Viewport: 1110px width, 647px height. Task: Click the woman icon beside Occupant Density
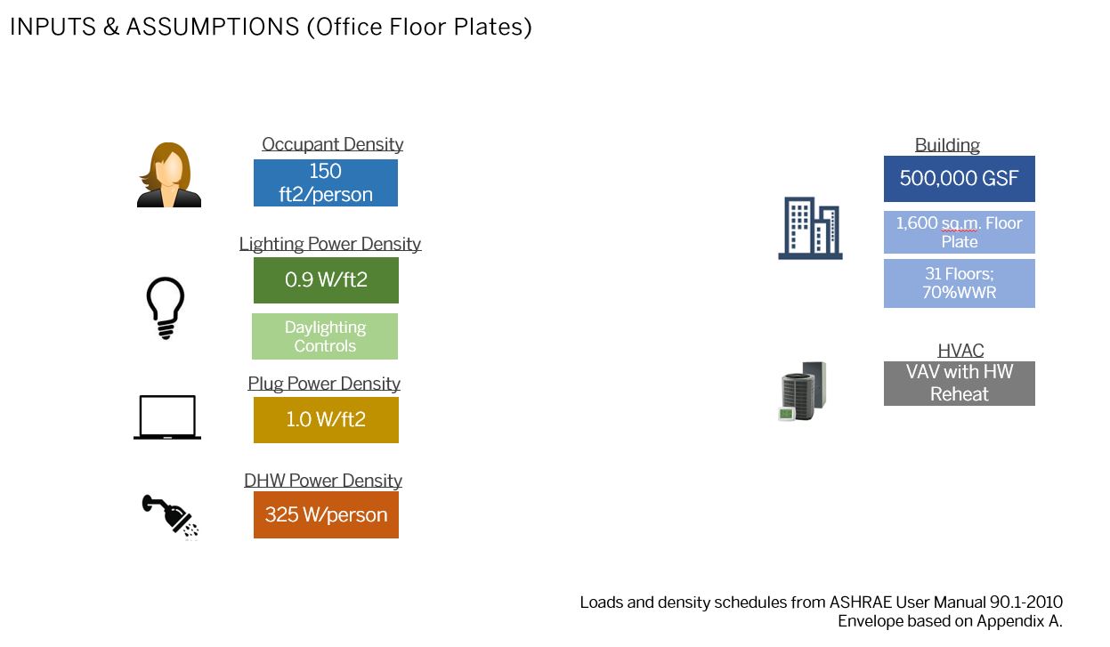coord(169,175)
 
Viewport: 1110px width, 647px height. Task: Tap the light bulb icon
coord(166,308)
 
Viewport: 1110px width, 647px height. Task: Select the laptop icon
coord(167,417)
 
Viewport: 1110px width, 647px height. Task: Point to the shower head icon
coord(171,516)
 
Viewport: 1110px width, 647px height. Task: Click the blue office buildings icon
coord(810,229)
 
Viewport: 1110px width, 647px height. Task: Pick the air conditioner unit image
coord(803,392)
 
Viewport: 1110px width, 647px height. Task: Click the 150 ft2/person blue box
coord(326,182)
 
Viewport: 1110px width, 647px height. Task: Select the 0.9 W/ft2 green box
coord(326,280)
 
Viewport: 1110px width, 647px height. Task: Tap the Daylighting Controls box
coord(325,336)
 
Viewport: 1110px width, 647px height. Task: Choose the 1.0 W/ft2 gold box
coord(326,420)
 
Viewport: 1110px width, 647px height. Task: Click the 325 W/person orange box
coord(326,514)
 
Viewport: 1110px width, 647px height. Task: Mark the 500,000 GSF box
coord(960,179)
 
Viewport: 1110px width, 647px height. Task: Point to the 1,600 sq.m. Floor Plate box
coord(960,232)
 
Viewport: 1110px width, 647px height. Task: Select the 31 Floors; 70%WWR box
coord(960,283)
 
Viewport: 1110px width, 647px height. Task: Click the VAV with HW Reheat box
coord(960,384)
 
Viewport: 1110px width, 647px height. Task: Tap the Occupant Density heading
coord(333,144)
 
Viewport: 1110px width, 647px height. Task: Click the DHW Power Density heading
coord(323,481)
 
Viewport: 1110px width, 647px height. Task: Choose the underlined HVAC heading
coord(960,351)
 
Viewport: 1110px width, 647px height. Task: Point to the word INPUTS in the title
coord(53,27)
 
